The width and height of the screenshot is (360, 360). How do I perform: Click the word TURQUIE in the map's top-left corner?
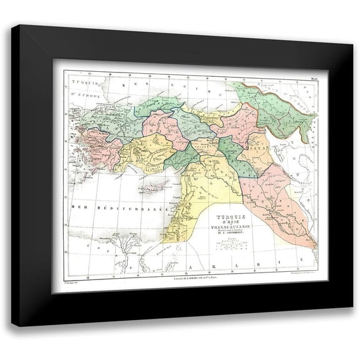[83, 81]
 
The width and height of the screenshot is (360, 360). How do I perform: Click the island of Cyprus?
[150, 186]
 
